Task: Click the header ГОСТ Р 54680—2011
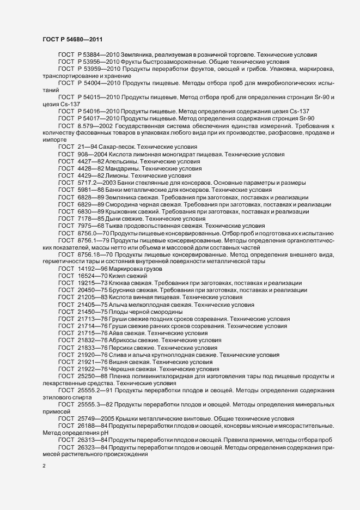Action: (71, 40)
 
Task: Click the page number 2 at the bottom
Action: (44, 466)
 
